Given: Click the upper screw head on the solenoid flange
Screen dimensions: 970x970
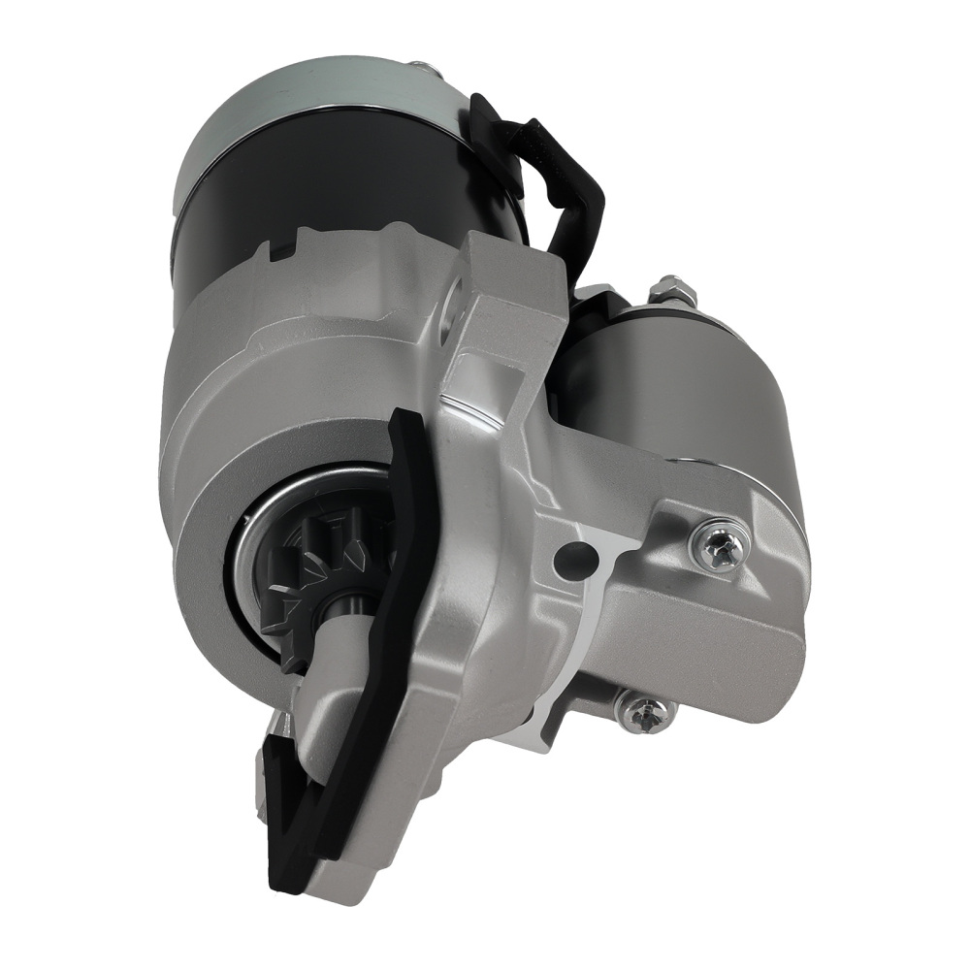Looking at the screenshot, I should click(720, 545).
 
